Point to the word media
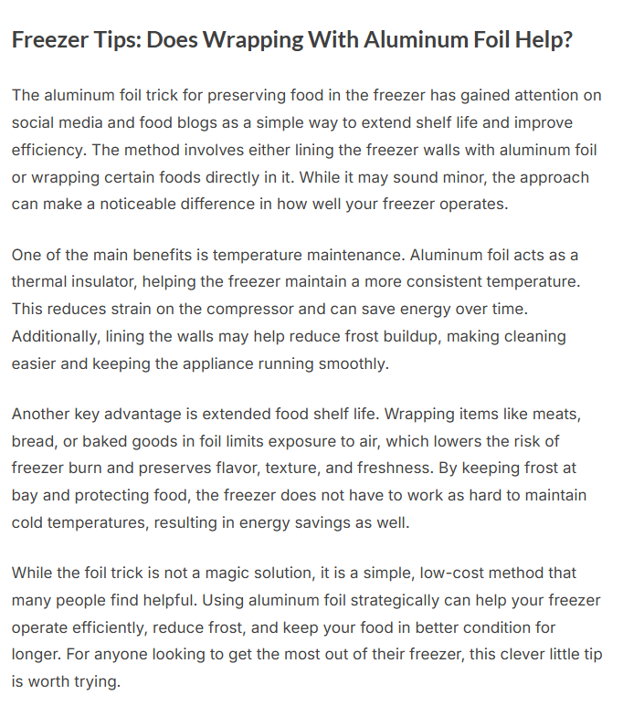pos(82,122)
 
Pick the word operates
pos(471,205)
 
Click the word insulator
pos(101,281)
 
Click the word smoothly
pos(353,363)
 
